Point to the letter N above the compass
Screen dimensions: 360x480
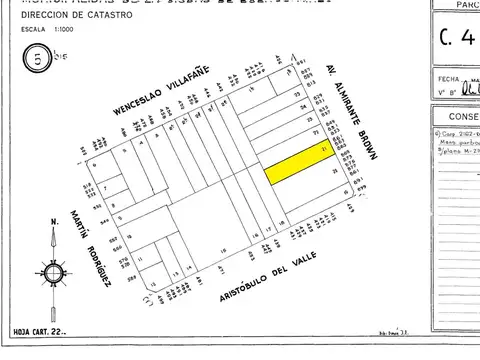click(55, 221)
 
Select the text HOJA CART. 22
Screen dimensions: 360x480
click(41, 331)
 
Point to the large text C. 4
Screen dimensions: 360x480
click(459, 39)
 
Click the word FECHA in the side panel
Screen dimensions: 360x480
click(449, 78)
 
